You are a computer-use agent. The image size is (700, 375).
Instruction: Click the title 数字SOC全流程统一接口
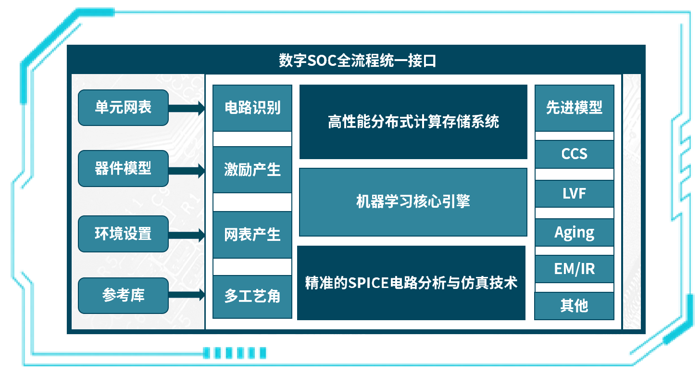click(357, 61)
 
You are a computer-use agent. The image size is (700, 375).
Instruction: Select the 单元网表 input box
click(123, 107)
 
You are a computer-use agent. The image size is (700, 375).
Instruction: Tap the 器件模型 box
click(123, 168)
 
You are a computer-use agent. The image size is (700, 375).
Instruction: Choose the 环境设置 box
click(123, 234)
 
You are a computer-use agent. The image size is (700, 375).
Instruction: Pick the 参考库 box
click(123, 295)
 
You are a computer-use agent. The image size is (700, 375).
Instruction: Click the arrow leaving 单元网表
click(187, 108)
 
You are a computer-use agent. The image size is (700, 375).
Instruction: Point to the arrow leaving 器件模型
click(187, 170)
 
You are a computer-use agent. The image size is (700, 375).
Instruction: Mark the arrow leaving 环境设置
click(187, 236)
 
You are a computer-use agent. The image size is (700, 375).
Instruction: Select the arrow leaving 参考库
click(187, 296)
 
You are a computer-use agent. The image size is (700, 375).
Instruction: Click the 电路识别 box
click(252, 108)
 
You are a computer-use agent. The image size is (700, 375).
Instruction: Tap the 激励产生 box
click(252, 170)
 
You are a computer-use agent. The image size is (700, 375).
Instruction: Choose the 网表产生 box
click(252, 235)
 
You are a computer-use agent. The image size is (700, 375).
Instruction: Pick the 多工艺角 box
click(252, 296)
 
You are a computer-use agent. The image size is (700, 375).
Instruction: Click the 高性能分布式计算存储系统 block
click(413, 122)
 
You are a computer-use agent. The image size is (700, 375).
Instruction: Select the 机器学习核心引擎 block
click(413, 202)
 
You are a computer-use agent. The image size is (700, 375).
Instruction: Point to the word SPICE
click(369, 283)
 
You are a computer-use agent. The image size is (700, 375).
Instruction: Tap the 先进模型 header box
click(574, 108)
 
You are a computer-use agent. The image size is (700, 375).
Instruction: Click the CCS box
click(574, 154)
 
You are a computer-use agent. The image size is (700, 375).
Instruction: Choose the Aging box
click(574, 233)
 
